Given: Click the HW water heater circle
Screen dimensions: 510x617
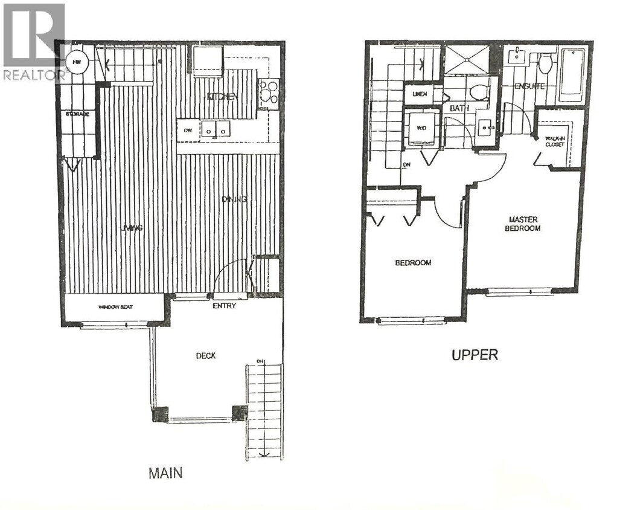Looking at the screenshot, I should (77, 61).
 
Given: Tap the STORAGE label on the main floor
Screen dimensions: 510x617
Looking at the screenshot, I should (78, 114).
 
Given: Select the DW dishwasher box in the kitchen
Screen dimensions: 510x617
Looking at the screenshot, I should (188, 129).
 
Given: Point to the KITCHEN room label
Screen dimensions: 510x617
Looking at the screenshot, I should (222, 97).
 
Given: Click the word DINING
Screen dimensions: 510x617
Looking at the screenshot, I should (234, 200).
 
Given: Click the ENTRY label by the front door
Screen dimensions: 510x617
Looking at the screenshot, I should (224, 306).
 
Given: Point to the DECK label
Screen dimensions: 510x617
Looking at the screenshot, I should (205, 356).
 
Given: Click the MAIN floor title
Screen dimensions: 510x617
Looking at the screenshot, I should (165, 473).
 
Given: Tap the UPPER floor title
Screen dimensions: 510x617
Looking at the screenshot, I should (475, 355).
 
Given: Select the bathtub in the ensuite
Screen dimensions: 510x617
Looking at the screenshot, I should (571, 75).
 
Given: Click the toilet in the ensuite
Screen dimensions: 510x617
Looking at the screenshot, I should (545, 63).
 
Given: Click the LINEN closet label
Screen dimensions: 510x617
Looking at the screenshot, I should (420, 94).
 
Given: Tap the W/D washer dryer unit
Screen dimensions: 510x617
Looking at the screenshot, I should (421, 128).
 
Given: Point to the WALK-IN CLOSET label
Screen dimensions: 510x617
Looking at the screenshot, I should (554, 141).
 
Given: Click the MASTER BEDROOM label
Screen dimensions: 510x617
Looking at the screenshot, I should (523, 224).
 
